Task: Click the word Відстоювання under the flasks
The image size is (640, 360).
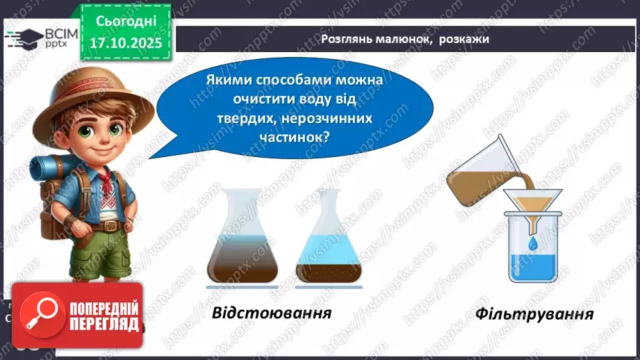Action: tap(270, 312)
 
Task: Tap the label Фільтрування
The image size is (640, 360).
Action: tap(534, 313)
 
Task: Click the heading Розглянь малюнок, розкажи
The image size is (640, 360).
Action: tap(405, 39)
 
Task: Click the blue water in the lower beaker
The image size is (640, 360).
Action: tap(532, 268)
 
